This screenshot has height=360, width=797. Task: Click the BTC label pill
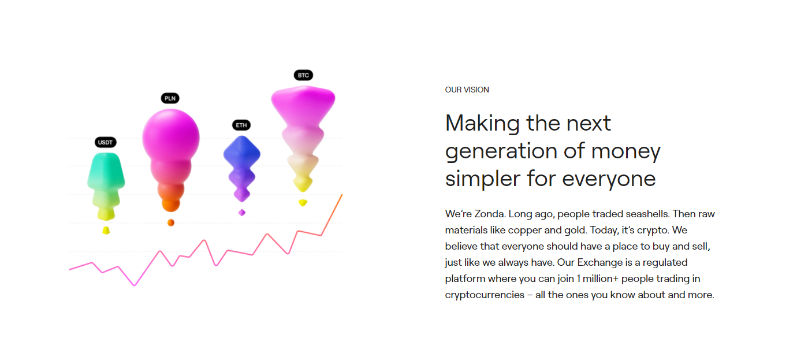[303, 75]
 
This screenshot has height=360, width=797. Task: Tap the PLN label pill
[170, 98]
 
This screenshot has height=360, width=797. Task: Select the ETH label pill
[241, 125]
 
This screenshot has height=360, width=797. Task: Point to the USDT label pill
[105, 142]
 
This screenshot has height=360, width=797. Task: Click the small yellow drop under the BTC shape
[303, 203]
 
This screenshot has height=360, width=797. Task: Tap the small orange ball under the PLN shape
[171, 222]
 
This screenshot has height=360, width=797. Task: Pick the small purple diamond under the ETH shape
[242, 213]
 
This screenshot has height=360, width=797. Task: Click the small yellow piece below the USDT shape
[106, 231]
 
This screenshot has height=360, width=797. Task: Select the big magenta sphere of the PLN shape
[171, 137]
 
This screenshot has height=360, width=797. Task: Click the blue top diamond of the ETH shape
[242, 153]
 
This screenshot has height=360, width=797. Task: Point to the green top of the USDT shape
[106, 170]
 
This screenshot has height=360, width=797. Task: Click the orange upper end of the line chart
[342, 195]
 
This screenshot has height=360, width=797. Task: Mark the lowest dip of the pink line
[134, 285]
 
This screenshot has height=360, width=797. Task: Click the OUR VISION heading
[467, 90]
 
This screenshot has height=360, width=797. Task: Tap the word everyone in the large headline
[609, 179]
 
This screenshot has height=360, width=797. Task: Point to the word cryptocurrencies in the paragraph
[485, 295]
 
